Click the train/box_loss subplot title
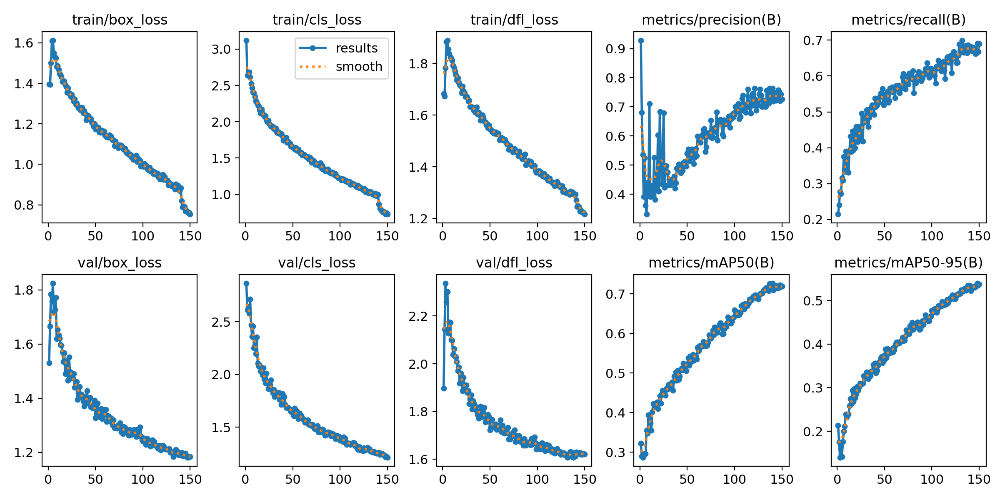click(120, 20)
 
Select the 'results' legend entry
click(356, 48)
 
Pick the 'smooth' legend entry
click(359, 67)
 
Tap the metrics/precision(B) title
click(711, 20)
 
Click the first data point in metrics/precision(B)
click(641, 40)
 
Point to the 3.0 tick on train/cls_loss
click(221, 50)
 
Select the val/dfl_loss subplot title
click(514, 262)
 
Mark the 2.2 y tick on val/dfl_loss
click(418, 316)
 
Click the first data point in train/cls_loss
click(246, 40)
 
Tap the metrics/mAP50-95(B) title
click(908, 262)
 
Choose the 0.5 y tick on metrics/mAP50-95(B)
click(812, 301)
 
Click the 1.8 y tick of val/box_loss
click(24, 290)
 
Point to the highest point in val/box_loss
click(53, 283)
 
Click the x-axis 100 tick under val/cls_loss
click(340, 480)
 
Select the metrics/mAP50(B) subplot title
click(711, 262)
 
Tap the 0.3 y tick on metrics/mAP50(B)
click(615, 452)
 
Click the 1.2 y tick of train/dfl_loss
click(418, 219)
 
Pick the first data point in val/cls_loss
click(246, 283)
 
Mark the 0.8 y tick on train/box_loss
click(24, 205)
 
